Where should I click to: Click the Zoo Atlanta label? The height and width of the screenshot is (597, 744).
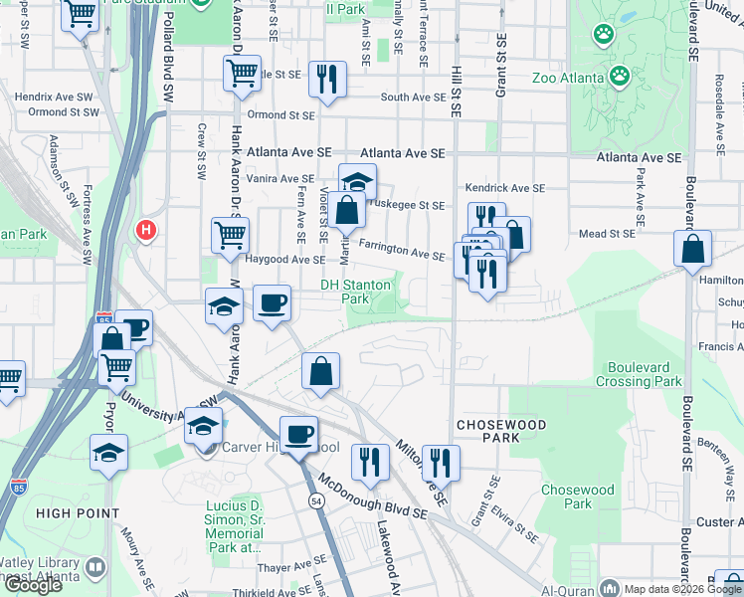pos(567,78)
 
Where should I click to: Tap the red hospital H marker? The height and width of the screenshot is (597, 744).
pos(146,231)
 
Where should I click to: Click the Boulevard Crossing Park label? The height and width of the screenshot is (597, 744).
pos(639,374)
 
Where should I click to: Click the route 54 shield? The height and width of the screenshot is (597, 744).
pos(315,499)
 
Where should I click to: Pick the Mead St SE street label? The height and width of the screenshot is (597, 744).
pos(607,234)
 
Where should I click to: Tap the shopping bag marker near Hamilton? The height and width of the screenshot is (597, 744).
pos(693,249)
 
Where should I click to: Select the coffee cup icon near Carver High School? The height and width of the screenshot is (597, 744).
pos(298,434)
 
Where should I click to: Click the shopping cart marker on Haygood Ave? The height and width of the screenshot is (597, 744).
pos(230,236)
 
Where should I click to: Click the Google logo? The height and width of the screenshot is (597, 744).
pos(33,585)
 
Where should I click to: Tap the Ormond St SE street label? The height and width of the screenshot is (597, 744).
pos(280,114)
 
